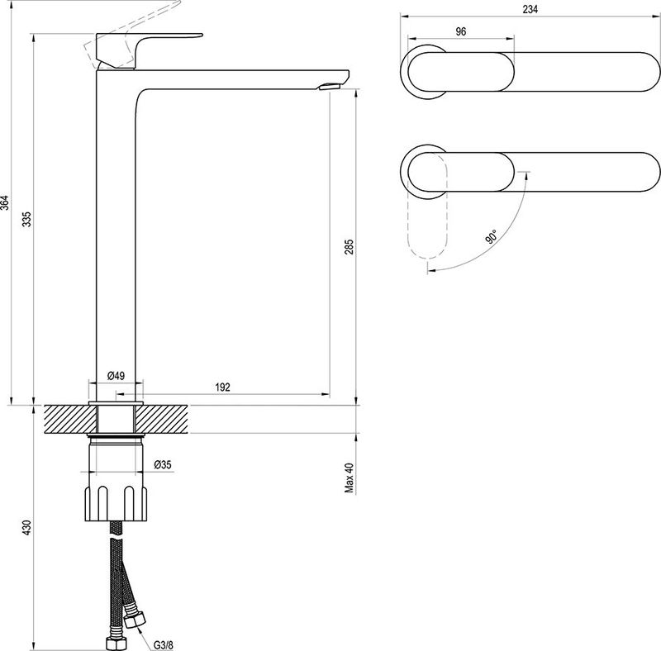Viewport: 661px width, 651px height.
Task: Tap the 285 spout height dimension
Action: click(349, 247)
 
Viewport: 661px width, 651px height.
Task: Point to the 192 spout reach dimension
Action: click(222, 387)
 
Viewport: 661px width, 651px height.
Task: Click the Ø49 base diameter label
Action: click(116, 375)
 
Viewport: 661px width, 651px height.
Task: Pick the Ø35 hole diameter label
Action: click(163, 464)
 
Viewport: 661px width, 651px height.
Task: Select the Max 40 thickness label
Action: click(349, 478)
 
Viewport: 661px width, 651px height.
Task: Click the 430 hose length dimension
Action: click(27, 527)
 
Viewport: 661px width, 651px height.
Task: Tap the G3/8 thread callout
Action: click(163, 645)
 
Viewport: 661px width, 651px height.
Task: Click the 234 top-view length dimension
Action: click(530, 9)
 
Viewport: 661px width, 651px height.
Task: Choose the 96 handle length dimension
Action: click(461, 31)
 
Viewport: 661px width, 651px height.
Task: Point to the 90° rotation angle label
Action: click(492, 236)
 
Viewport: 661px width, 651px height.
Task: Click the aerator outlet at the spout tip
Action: click(330, 87)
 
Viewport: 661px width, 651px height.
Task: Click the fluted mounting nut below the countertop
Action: click(117, 503)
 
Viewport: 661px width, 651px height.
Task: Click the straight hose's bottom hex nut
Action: click(117, 643)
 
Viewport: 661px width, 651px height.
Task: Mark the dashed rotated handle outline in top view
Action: click(427, 207)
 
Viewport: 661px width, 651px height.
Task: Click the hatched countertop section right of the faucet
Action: click(161, 419)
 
